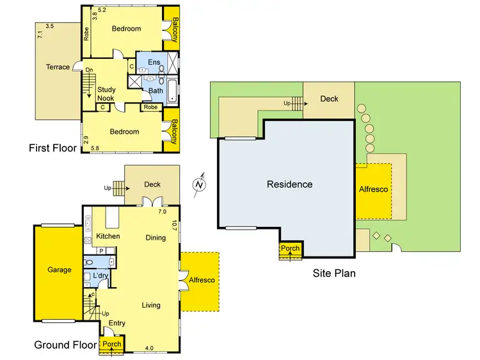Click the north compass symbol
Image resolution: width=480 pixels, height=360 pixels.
pos(200,184)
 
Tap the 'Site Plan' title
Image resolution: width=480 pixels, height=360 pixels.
pos(334,273)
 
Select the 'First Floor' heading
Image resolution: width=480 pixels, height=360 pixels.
pos(52,148)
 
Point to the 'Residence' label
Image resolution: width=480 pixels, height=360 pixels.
pos(290,184)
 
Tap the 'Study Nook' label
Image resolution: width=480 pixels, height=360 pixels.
pos(106,94)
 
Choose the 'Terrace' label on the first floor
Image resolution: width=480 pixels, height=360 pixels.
pos(58,67)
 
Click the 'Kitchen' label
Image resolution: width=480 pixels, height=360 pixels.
pos(108,237)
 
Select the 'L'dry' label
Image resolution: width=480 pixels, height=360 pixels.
pos(100,276)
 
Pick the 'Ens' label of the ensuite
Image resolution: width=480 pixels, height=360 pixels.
pos(154,62)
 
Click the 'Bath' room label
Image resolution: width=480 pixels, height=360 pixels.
pos(156,91)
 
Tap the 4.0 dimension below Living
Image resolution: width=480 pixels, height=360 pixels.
pos(149,348)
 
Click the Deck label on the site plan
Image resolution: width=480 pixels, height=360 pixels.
pos(329,99)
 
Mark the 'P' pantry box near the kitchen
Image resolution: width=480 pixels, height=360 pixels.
pos(101,251)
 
